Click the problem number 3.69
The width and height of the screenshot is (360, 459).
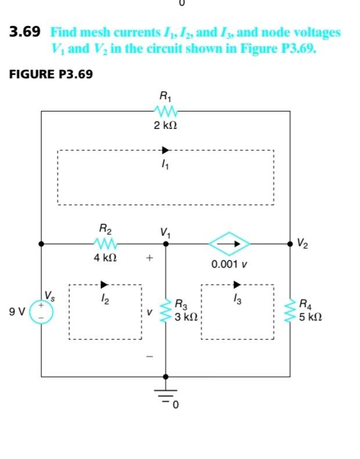point(25,33)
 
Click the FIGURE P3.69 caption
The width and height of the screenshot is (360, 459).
point(51,74)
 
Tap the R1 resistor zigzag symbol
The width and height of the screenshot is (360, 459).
point(165,110)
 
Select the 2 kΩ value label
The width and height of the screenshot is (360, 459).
point(165,125)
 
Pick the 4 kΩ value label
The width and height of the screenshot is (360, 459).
point(106,257)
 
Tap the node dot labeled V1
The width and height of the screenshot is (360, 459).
point(165,244)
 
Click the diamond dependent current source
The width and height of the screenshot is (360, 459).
point(230,244)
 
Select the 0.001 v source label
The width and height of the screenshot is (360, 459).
point(230,264)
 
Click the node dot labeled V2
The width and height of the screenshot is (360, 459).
point(290,244)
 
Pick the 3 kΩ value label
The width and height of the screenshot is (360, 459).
point(187,318)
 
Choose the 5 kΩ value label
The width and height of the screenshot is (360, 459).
point(311,318)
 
